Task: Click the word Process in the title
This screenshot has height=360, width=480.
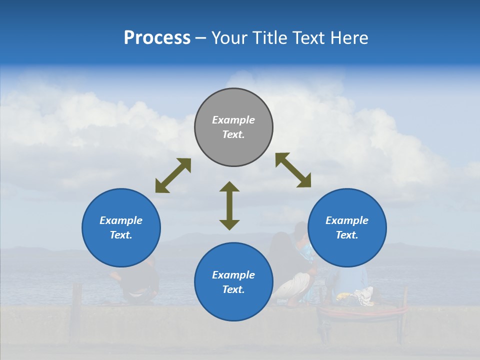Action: tap(157, 38)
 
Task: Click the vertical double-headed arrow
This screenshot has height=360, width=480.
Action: tap(229, 205)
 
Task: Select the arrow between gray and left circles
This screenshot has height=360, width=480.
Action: tap(173, 175)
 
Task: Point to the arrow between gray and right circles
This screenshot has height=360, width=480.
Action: tap(293, 170)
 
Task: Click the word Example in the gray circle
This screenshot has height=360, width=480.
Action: tap(233, 120)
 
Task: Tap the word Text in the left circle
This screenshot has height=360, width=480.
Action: tap(121, 235)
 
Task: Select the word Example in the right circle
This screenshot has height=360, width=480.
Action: tap(347, 220)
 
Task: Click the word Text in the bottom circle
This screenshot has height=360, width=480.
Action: tap(233, 289)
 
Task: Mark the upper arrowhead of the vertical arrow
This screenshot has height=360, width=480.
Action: tap(229, 186)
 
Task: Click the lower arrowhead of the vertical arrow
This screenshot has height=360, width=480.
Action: tap(229, 224)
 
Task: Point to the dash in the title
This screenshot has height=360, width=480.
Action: tap(200, 38)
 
